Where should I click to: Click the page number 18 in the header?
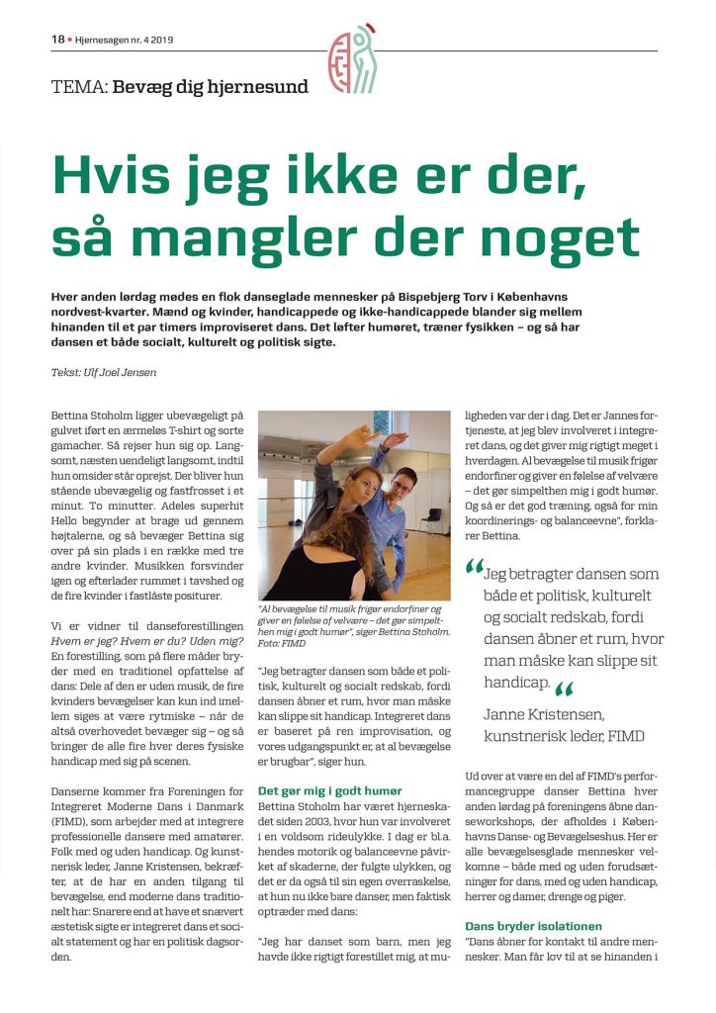57,40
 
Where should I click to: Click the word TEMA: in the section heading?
79,86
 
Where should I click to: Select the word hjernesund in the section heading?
261,86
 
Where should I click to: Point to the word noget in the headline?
568,236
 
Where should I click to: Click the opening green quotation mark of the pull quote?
475,569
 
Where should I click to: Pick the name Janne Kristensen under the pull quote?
542,712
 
